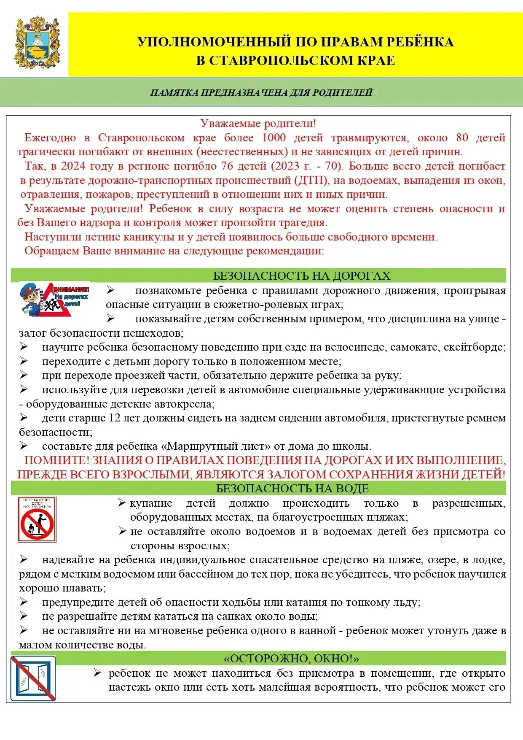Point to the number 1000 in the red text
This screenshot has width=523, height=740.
(x=274, y=138)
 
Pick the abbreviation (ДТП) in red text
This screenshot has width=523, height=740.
(x=312, y=180)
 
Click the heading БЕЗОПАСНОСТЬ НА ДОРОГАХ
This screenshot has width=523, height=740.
(x=301, y=275)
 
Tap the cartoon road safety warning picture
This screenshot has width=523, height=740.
(x=55, y=299)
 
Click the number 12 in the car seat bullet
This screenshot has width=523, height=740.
(x=114, y=418)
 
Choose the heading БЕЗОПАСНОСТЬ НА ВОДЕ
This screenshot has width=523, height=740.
(x=292, y=488)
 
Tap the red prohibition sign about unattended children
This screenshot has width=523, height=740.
(x=37, y=520)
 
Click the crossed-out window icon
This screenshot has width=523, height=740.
(x=33, y=678)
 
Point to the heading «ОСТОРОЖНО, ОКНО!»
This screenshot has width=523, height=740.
(x=291, y=659)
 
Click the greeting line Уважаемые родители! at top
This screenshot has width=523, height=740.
(x=258, y=123)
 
